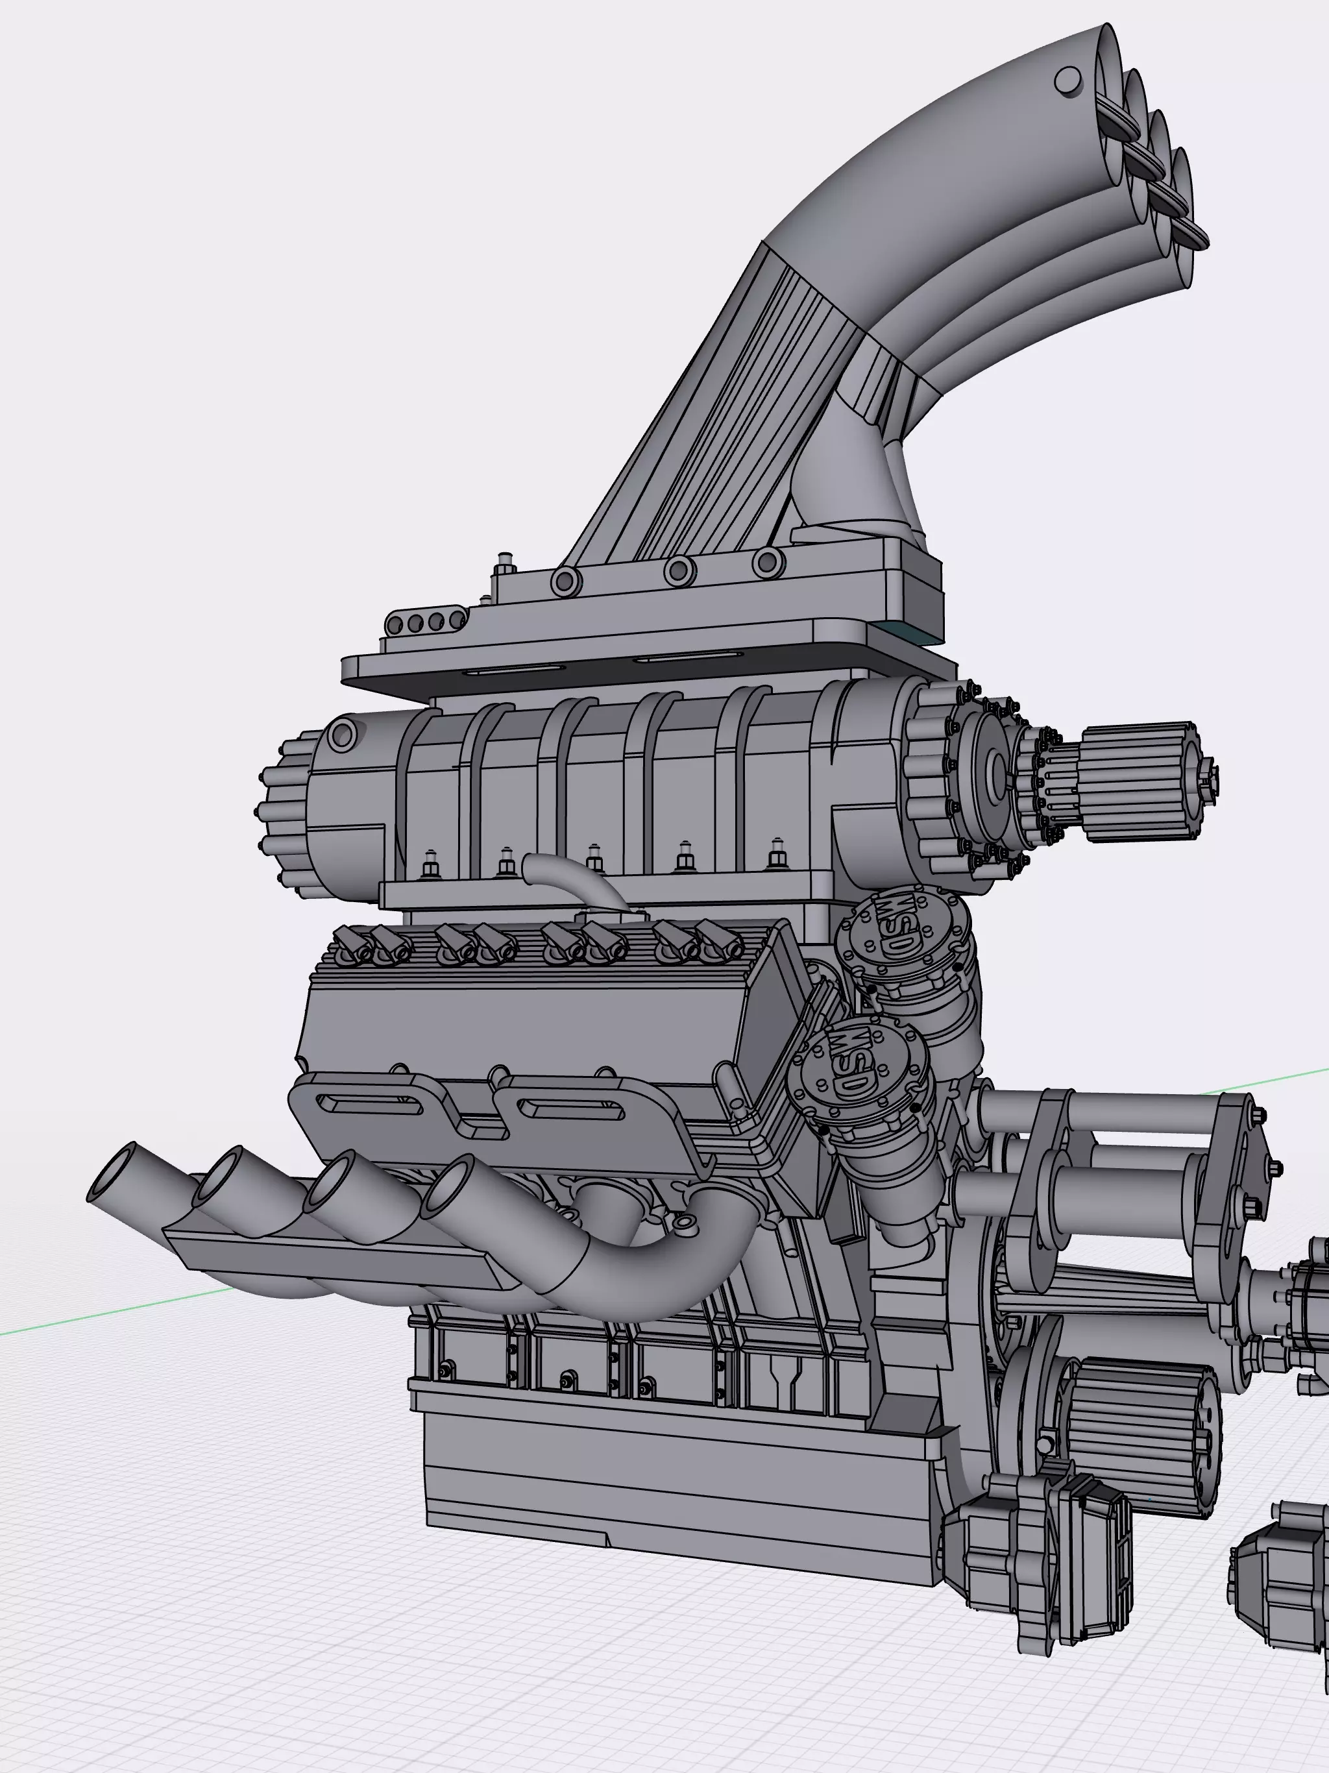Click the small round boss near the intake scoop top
pyautogui.click(x=1067, y=80)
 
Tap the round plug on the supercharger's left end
pyautogui.click(x=341, y=734)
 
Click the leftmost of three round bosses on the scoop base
pyautogui.click(x=566, y=580)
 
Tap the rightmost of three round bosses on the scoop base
pyautogui.click(x=768, y=562)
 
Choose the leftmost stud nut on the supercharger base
pyautogui.click(x=430, y=866)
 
